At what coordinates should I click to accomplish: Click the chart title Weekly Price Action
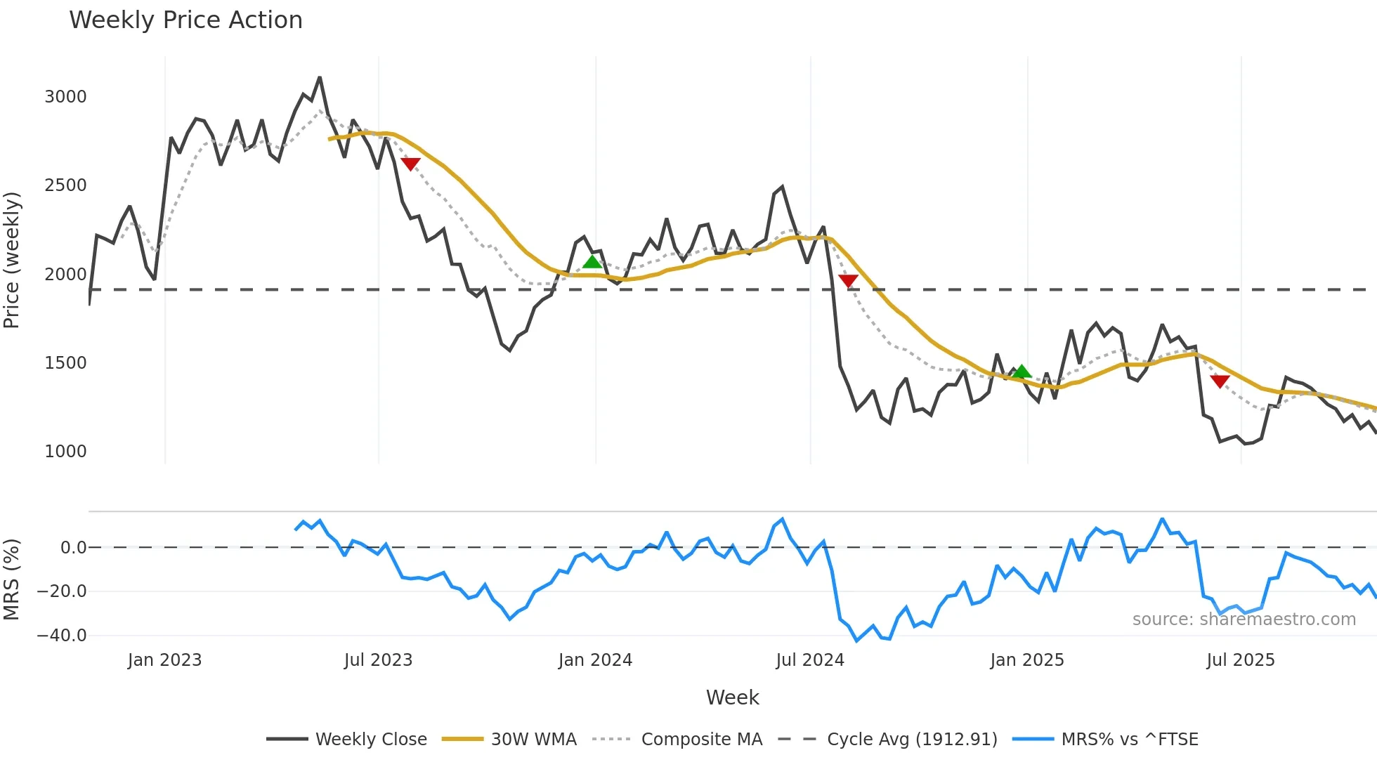185,20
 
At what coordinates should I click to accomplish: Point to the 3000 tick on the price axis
65,97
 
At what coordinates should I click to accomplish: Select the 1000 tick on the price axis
65,452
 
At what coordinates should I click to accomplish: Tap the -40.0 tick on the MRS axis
62,636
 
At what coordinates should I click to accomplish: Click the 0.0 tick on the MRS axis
73,548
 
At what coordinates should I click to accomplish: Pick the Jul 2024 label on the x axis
809,660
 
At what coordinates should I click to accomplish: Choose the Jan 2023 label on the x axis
164,660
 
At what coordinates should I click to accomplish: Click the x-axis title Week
732,697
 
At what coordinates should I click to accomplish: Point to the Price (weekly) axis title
12,260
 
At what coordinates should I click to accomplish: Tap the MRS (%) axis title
12,579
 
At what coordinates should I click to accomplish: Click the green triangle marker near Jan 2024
592,262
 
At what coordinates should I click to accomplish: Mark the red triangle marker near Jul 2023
410,164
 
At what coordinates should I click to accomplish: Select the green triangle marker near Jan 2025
1022,372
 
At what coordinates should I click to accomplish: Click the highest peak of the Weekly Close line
320,77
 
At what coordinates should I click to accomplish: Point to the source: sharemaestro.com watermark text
1244,619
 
